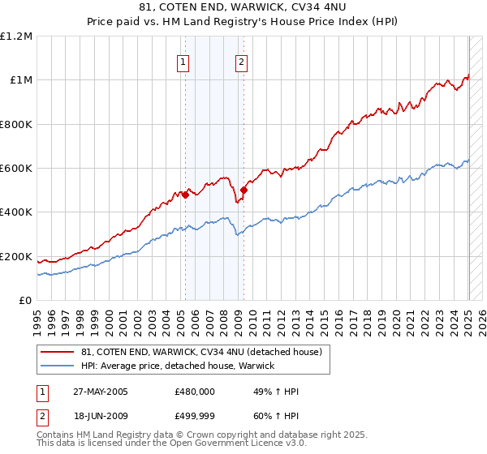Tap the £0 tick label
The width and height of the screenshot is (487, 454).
pyautogui.click(x=26, y=301)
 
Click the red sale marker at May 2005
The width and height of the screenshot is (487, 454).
pyautogui.click(x=185, y=195)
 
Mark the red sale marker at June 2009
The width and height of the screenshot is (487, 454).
pyautogui.click(x=243, y=190)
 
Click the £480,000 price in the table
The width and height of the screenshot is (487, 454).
pyautogui.click(x=195, y=392)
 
